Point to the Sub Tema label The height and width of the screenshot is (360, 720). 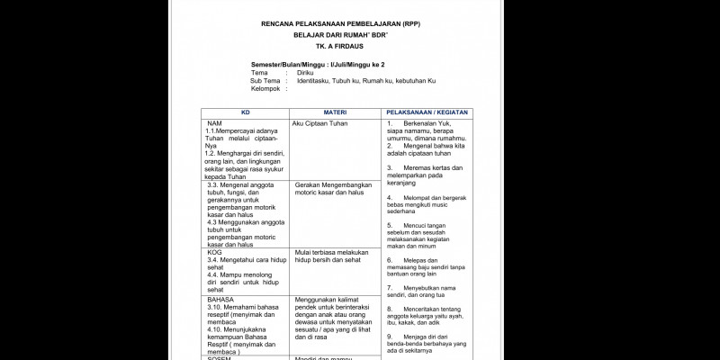264,81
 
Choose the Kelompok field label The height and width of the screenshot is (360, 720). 265,88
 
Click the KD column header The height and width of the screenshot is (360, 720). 245,112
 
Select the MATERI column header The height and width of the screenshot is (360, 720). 335,112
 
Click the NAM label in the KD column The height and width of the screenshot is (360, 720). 214,122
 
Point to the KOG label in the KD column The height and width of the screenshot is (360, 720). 214,253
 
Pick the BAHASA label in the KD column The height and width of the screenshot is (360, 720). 220,298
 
